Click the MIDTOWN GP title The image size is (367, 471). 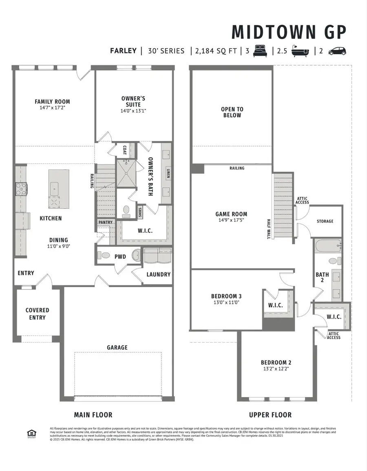(x=289, y=32)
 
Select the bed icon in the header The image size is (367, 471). (x=259, y=51)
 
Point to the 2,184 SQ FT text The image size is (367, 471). (x=215, y=51)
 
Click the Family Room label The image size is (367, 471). (x=52, y=102)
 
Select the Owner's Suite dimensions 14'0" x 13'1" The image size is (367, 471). (x=133, y=111)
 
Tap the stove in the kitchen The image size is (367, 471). (x=22, y=189)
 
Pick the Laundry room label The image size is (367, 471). (x=158, y=274)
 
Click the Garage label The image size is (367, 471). (x=117, y=347)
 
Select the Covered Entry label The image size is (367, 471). (x=37, y=314)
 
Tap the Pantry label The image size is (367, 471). (x=105, y=222)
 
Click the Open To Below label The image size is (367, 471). (x=232, y=112)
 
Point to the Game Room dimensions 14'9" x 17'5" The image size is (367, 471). (x=231, y=221)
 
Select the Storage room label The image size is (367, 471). (x=325, y=221)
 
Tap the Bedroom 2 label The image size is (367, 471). (x=276, y=362)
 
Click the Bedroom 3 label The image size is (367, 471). (x=226, y=296)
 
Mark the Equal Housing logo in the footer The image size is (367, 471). (x=30, y=433)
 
